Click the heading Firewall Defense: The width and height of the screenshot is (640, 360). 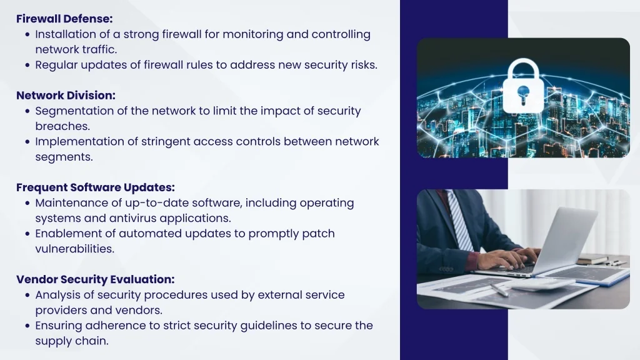[x=64, y=19]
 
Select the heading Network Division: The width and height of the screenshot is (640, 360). [x=66, y=96]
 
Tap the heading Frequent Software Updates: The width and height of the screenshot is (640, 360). [x=96, y=187]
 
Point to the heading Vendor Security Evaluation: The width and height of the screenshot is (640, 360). [x=96, y=279]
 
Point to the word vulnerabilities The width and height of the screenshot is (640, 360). [x=75, y=249]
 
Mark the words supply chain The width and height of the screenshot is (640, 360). [x=72, y=341]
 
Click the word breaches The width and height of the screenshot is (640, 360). [x=62, y=126]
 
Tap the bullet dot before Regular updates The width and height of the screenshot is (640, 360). [x=27, y=65]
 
